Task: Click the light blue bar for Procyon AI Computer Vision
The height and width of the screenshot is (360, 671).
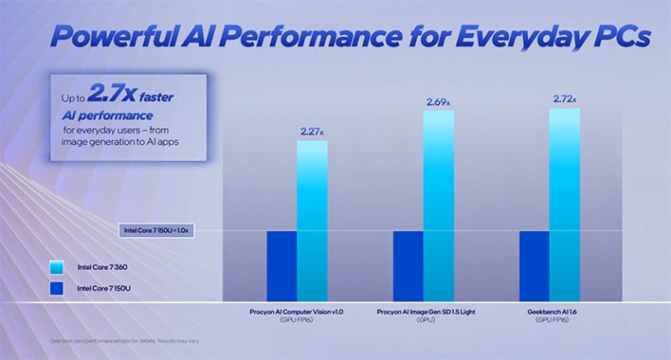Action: [312, 218]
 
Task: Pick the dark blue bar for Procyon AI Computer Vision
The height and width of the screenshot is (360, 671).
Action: [281, 264]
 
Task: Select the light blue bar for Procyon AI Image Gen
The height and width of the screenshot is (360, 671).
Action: [438, 204]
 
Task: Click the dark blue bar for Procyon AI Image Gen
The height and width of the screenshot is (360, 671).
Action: [408, 264]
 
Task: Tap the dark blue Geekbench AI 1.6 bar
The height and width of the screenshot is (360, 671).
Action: [534, 264]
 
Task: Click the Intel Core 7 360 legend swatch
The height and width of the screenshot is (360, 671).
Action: [59, 268]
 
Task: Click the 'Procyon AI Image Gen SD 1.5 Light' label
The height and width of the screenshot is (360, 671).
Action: [423, 310]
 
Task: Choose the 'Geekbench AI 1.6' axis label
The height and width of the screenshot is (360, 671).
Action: [549, 310]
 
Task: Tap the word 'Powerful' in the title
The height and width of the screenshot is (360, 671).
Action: [106, 38]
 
